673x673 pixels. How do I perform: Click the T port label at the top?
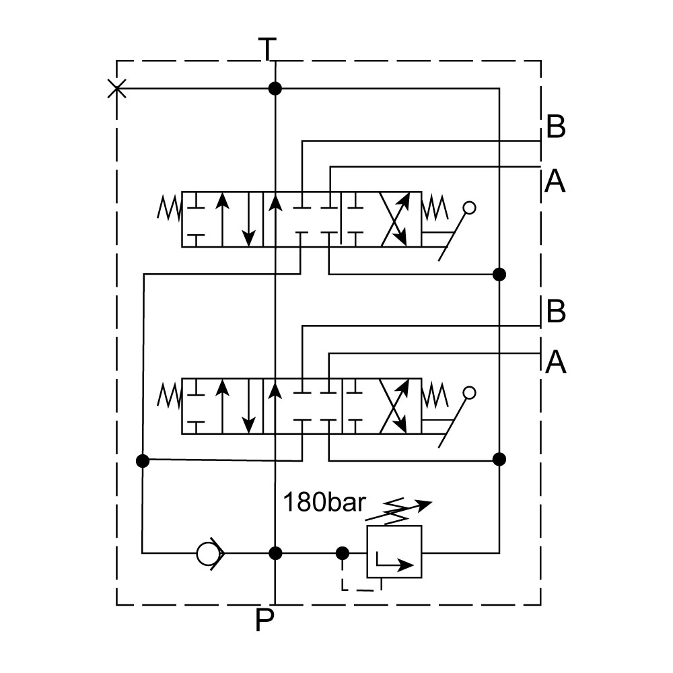point(267,48)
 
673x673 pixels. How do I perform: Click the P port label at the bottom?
point(264,621)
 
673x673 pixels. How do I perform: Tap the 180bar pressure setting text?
point(324,502)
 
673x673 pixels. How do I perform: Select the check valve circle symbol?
point(209,553)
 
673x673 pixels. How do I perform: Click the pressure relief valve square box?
point(394,552)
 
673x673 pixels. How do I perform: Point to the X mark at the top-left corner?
point(116,88)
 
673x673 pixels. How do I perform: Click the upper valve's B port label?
point(556,127)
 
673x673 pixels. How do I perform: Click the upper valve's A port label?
point(555,181)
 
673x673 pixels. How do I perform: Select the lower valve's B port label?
point(556,312)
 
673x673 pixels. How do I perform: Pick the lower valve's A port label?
point(555,363)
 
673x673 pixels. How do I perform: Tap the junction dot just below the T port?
point(275,88)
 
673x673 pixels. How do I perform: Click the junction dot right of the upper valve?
point(499,274)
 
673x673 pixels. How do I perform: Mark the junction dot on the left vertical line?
point(143,460)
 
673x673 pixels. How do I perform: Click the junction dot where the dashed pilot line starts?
point(342,553)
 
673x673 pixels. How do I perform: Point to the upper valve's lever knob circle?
point(470,208)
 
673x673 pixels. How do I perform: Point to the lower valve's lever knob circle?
point(470,393)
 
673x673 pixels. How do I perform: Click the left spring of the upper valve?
point(169,208)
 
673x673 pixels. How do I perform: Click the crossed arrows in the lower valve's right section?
point(394,405)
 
